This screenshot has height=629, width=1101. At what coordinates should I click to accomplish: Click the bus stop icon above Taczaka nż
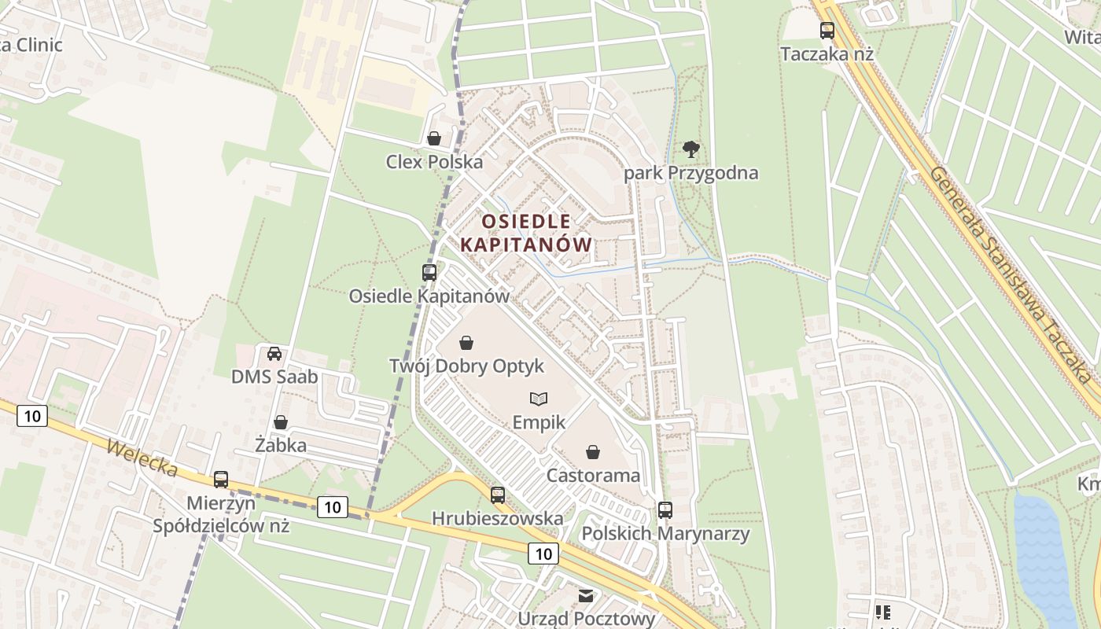click(x=827, y=31)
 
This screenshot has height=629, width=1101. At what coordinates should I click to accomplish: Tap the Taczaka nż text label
click(x=827, y=54)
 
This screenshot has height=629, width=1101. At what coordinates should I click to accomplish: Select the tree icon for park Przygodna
click(x=690, y=149)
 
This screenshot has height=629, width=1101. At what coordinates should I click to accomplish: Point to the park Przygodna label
click(x=690, y=173)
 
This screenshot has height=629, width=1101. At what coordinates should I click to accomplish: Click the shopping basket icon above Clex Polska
click(x=433, y=138)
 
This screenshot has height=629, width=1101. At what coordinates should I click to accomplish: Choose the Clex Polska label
click(x=434, y=162)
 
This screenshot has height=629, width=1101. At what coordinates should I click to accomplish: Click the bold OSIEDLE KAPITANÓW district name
click(x=525, y=233)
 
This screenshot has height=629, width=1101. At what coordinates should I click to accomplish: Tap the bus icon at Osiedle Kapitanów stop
click(x=429, y=273)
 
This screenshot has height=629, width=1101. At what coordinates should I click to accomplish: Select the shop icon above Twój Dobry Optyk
click(x=466, y=343)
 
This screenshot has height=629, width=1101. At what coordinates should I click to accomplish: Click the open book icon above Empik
click(x=539, y=399)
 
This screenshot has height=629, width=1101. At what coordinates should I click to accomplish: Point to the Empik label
click(x=539, y=422)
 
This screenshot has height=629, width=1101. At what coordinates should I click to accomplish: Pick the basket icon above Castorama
click(x=593, y=452)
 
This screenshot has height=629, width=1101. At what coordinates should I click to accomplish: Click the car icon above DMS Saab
click(x=274, y=354)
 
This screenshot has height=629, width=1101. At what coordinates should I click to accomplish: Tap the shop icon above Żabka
click(x=280, y=422)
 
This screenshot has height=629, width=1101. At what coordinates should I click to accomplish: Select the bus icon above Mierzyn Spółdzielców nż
click(x=221, y=479)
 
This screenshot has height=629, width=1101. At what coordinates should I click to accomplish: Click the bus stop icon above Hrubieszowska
click(x=497, y=495)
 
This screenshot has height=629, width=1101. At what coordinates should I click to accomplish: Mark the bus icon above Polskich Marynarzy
click(x=665, y=509)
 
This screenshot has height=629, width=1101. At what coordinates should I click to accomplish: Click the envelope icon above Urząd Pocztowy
click(x=586, y=595)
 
